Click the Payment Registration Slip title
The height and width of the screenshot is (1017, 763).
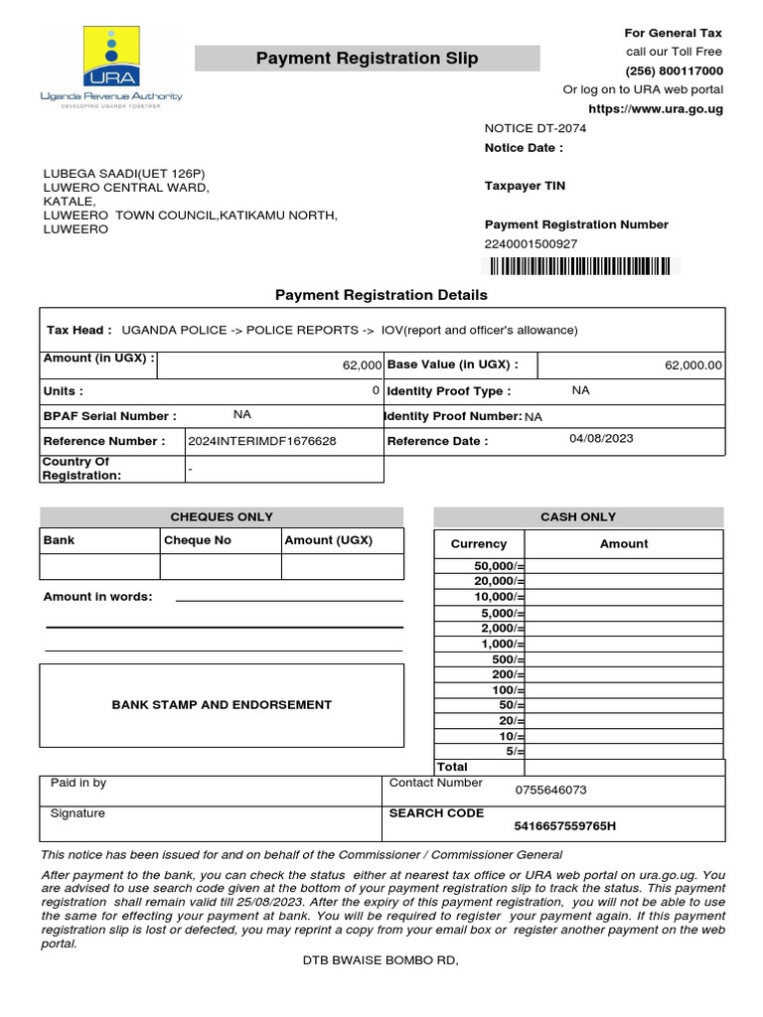367,59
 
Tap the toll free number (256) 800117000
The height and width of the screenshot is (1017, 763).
674,72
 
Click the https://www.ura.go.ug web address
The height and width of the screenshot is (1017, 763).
656,109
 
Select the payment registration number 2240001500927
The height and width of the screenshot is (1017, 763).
531,244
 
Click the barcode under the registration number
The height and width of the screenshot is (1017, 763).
577,266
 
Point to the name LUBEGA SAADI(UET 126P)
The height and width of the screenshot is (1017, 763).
124,172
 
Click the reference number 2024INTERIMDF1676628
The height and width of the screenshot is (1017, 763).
262,441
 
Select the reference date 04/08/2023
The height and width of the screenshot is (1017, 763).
601,438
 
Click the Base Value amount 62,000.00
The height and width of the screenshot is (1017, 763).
693,365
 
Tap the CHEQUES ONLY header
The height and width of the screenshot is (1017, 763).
222,516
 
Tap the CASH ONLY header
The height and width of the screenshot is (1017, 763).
578,516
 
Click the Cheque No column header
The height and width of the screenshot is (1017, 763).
198,540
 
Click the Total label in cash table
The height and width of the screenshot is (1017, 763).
452,767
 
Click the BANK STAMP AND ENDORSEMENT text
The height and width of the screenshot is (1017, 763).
222,705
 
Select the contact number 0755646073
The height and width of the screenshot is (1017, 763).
550,791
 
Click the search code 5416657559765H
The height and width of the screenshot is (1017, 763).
564,826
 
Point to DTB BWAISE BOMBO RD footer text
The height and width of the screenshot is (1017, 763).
381,961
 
